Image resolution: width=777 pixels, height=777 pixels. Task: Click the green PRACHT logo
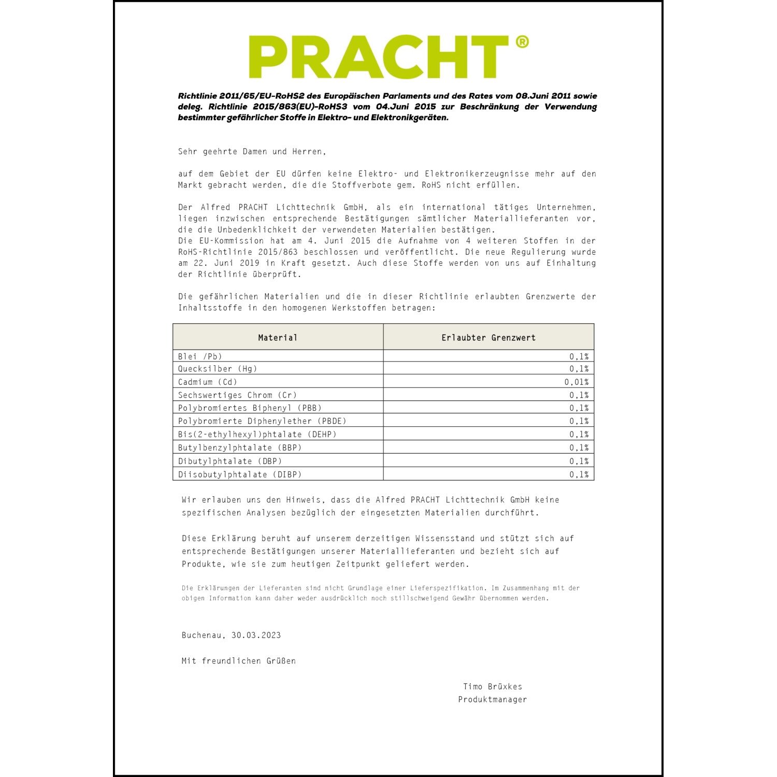tap(379, 57)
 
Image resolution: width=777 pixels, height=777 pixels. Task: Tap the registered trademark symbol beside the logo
tap(522, 42)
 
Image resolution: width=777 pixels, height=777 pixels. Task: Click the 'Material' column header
tap(278, 338)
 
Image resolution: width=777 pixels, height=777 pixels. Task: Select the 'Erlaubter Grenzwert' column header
tap(488, 338)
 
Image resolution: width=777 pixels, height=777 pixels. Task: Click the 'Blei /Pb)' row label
tap(200, 356)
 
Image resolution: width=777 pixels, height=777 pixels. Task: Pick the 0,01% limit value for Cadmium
tap(577, 382)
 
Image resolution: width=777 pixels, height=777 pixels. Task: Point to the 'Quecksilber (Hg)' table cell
tap(218, 369)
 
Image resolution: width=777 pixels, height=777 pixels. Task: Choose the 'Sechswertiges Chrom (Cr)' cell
tap(237, 395)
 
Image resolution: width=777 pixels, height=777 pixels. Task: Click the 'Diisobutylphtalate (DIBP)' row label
tap(239, 474)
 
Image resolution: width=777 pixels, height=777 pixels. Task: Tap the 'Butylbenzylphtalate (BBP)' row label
tap(239, 448)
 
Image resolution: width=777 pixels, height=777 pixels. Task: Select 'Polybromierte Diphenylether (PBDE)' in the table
tap(262, 421)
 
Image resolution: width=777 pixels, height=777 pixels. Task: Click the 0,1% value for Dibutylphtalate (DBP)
tap(579, 461)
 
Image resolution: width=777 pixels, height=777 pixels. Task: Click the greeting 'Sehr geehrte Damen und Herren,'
tap(252, 152)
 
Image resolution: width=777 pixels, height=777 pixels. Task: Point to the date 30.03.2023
tap(256, 635)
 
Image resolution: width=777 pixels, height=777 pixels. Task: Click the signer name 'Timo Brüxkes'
tap(493, 687)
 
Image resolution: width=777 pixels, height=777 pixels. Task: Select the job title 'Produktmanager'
tap(492, 700)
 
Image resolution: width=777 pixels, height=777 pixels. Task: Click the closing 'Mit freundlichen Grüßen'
tap(239, 661)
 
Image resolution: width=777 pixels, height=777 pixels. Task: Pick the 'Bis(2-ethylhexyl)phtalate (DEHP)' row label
tap(257, 435)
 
